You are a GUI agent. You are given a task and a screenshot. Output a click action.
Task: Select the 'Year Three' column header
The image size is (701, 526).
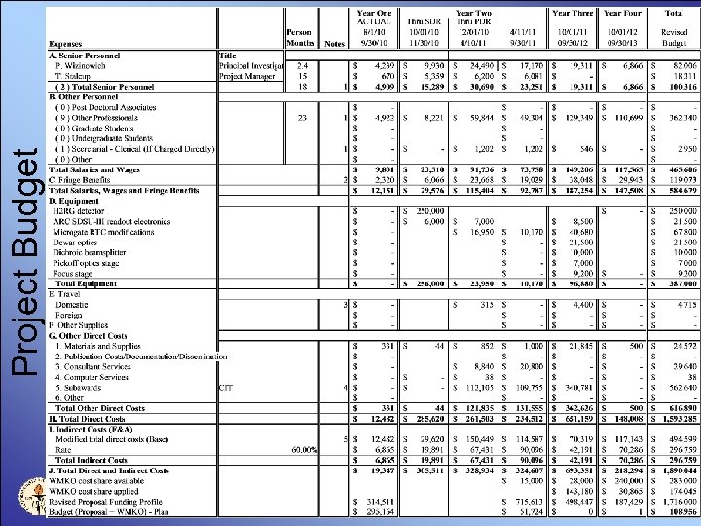(x=574, y=13)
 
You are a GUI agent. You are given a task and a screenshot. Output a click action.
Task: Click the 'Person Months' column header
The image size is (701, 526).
(x=299, y=38)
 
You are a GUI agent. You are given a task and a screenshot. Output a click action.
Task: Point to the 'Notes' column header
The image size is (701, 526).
(x=334, y=44)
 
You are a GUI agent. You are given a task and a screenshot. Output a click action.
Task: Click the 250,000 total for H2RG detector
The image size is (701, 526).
(x=681, y=210)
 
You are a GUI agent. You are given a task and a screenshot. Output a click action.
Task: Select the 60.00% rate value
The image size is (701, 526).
(x=304, y=450)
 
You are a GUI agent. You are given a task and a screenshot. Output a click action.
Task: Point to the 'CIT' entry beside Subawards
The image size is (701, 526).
(x=226, y=388)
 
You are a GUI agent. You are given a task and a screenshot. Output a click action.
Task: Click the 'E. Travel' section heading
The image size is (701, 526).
(x=69, y=293)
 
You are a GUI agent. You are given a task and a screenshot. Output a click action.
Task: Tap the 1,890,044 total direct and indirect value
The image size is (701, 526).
(x=679, y=470)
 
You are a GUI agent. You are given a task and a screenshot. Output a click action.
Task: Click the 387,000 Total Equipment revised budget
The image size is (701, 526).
(x=681, y=283)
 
